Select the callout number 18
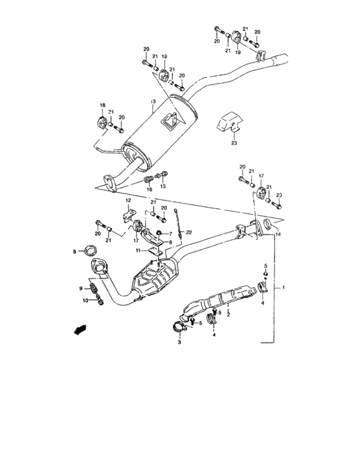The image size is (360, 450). (101, 105)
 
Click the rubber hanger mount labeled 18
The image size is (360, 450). (101, 122)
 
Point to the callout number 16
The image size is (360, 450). (148, 190)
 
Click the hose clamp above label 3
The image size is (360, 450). (179, 329)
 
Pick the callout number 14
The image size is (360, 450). (278, 235)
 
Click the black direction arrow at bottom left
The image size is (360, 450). (78, 330)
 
